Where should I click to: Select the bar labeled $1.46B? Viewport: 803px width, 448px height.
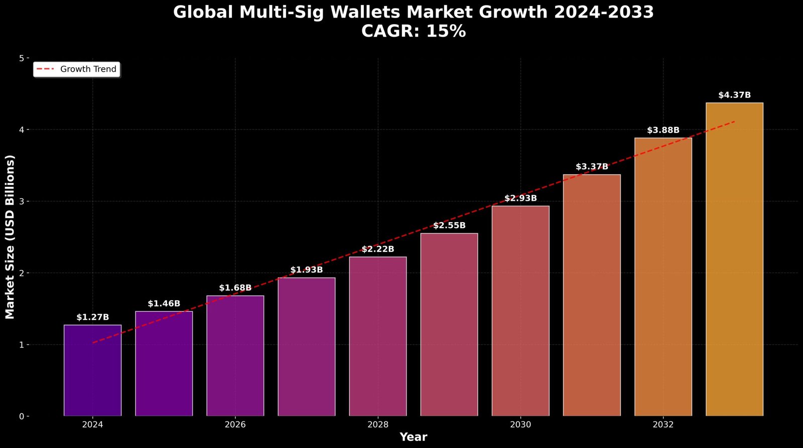[164, 364]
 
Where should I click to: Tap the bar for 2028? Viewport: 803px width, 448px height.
[378, 336]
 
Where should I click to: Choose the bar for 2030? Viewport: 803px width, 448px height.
[520, 311]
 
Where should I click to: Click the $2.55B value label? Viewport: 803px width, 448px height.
[449, 226]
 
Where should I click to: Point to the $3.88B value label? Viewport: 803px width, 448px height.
[663, 130]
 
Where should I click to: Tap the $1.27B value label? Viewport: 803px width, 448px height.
[92, 317]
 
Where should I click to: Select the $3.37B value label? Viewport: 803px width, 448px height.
[592, 167]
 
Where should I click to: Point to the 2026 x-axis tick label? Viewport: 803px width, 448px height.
[235, 425]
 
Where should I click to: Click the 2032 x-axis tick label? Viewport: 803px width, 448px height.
[663, 425]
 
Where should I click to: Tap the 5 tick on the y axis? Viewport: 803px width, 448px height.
[22, 58]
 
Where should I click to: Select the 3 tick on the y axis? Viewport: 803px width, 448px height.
[22, 201]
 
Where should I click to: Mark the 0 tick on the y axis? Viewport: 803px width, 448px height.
[22, 416]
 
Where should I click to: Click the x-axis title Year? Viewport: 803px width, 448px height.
[413, 437]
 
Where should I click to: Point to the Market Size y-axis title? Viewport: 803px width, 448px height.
[10, 237]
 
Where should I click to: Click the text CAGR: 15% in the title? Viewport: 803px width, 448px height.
[413, 31]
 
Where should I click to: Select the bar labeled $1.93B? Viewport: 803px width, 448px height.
[306, 347]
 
